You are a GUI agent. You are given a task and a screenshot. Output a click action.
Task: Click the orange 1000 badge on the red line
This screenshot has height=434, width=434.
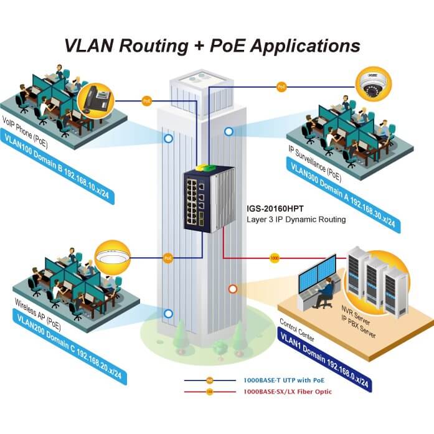275,257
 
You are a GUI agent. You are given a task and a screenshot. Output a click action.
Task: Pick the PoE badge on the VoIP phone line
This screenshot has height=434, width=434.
147,100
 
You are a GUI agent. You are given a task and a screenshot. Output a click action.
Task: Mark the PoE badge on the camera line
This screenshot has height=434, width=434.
281,86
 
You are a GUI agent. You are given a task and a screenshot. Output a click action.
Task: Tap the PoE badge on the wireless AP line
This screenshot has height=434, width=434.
167,257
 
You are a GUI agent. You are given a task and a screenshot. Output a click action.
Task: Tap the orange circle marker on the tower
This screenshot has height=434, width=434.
233,289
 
